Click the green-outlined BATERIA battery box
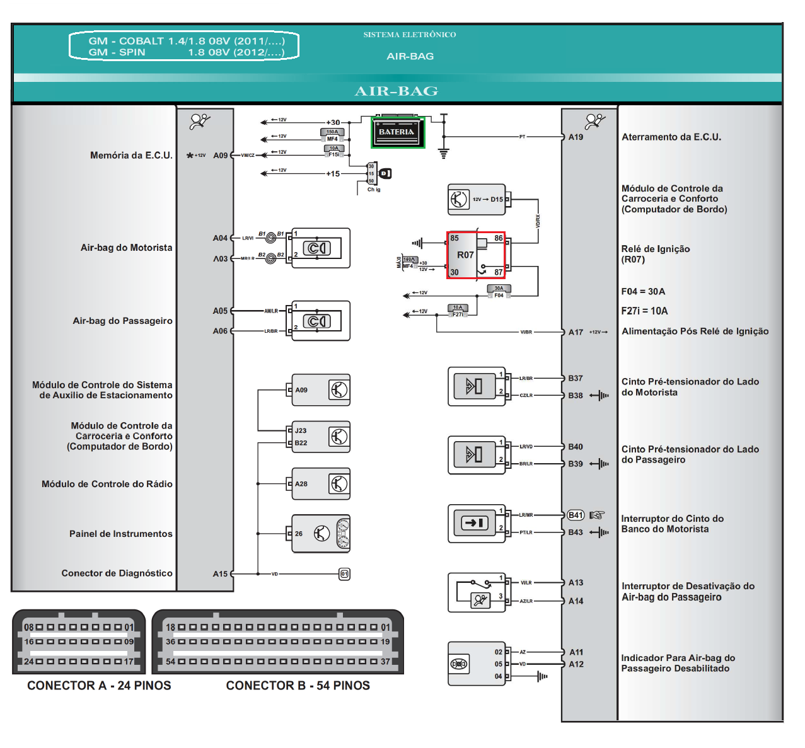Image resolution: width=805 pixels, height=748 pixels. [398, 133]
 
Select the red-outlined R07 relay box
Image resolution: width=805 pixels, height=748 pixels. [476, 255]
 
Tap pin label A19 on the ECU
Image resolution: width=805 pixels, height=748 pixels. [576, 137]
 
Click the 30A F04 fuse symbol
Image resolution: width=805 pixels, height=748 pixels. [499, 291]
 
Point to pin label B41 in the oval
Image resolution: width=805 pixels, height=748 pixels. [576, 515]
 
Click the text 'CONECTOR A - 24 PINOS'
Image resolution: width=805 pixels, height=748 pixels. [99, 686]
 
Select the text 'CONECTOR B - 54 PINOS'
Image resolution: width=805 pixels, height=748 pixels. [298, 686]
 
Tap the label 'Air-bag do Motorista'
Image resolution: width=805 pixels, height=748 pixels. [126, 248]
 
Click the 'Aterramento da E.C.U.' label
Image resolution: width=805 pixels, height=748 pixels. [671, 137]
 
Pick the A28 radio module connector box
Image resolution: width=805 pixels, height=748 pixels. [320, 484]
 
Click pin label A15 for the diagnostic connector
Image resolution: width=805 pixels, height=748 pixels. [220, 574]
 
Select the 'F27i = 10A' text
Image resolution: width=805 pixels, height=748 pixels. [644, 311]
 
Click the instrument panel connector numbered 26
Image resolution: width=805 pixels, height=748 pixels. [320, 534]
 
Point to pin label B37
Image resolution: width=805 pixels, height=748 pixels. [575, 378]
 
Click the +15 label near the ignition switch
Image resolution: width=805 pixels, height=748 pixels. [332, 174]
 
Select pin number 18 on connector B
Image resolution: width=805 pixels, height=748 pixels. [170, 627]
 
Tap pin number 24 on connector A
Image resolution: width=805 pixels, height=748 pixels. [29, 661]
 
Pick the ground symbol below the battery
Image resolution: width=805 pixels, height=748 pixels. [444, 153]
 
